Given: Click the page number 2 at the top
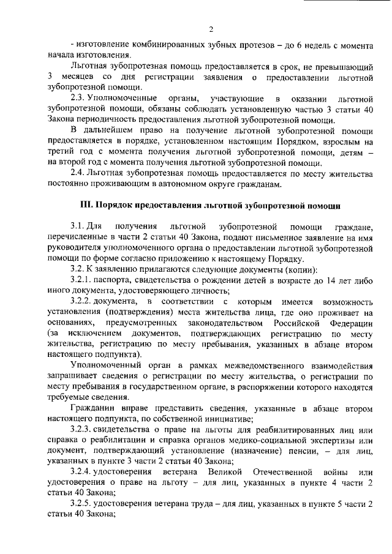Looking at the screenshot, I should click(x=210, y=29).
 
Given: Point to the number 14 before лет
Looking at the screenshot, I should click(x=324, y=279).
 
